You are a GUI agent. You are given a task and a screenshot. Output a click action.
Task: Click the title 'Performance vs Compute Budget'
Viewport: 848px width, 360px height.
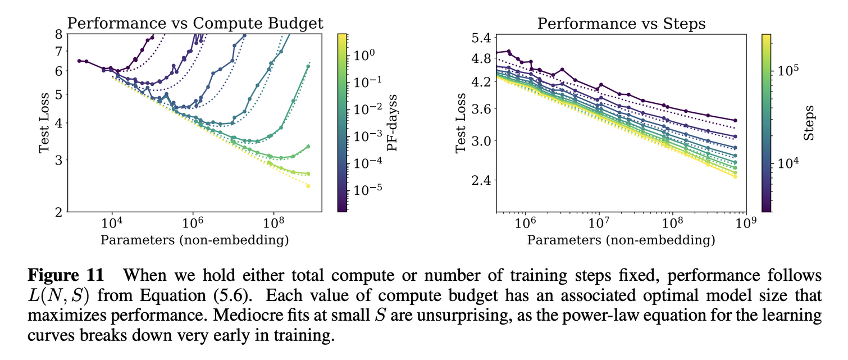tap(195, 23)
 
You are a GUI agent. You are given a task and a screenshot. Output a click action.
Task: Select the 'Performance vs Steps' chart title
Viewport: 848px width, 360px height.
tap(621, 23)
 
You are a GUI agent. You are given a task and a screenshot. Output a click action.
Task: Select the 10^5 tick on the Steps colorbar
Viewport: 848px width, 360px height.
tap(786, 71)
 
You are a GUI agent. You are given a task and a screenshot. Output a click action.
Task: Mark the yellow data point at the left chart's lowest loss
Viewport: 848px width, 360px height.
tap(308, 186)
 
